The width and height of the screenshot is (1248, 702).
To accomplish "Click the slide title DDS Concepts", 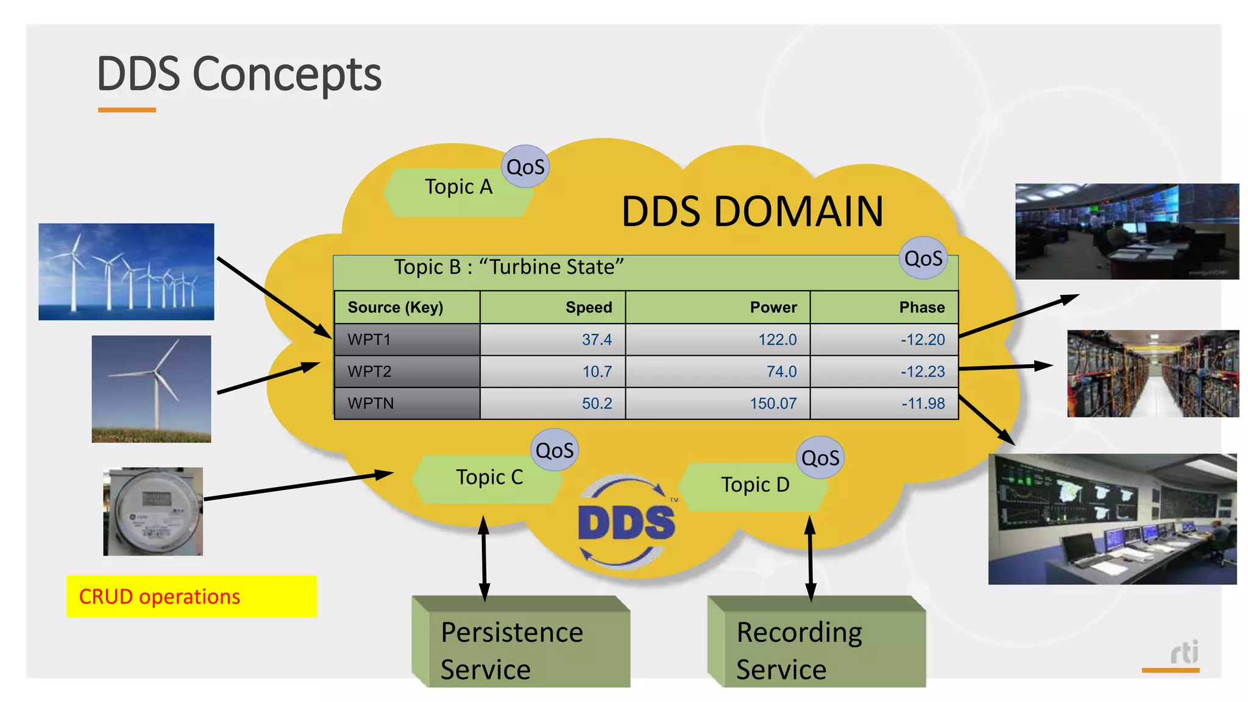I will coord(239,74).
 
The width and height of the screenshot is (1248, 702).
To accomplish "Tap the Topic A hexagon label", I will coord(458,187).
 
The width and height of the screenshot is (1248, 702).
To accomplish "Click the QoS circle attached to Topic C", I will coord(554,451).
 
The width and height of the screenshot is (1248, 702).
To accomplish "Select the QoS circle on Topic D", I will coord(820,458).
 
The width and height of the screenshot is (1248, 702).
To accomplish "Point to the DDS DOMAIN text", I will coord(752,211).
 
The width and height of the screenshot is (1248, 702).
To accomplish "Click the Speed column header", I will coord(588,307).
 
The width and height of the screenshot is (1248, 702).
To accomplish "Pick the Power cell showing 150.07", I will coord(772,403).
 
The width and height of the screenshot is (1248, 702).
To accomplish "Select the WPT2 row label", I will coord(369,372).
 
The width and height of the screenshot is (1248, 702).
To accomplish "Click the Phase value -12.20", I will coord(922,339).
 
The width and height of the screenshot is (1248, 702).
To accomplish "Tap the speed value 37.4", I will coord(596,339).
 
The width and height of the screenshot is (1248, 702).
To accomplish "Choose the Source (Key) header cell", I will coord(395,307).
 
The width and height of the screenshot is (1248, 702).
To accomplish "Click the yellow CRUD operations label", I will coord(191,597).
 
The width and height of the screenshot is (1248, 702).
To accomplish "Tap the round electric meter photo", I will coord(153,512).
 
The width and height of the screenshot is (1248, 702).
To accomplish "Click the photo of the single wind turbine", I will coord(151,389).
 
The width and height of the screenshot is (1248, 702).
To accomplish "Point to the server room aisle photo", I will coord(1152,374).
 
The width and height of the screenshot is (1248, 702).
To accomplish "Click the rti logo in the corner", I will coord(1183,653).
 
